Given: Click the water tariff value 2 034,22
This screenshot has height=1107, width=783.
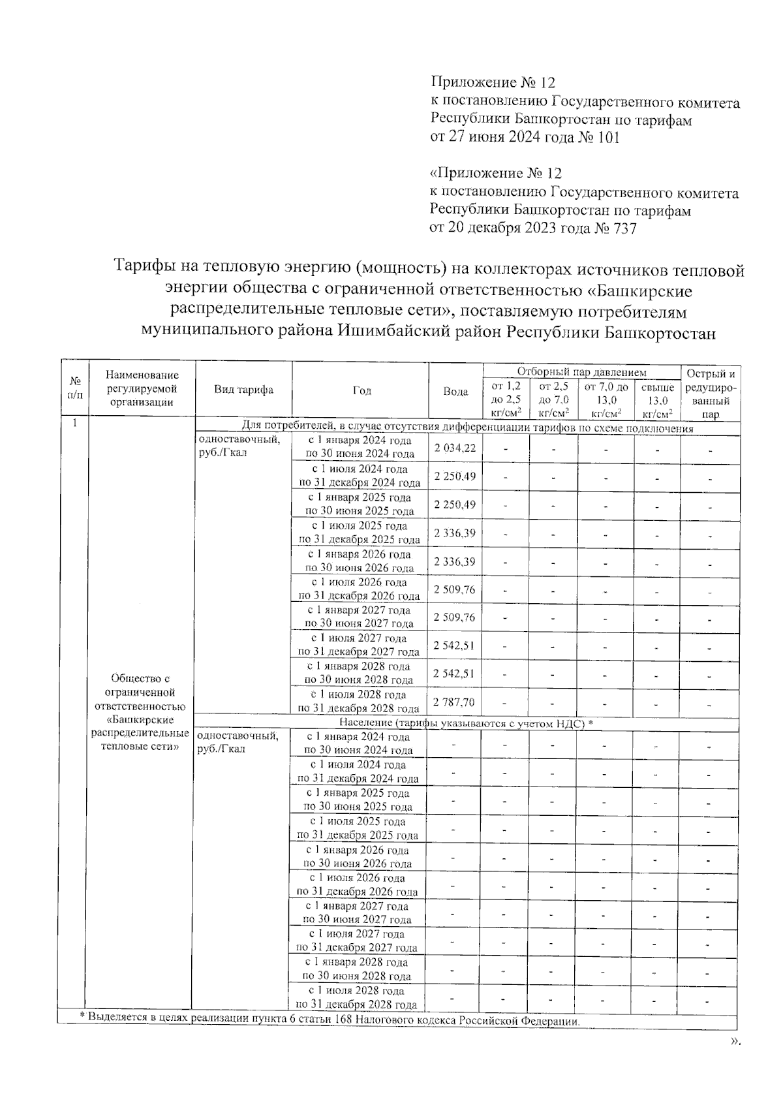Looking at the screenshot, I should [455, 448].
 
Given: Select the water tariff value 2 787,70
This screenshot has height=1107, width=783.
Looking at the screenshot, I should [454, 702].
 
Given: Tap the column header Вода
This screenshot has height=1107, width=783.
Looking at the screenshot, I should [455, 392].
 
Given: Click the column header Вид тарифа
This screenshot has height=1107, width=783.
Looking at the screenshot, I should [244, 390].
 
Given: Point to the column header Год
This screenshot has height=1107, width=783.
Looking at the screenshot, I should [361, 390].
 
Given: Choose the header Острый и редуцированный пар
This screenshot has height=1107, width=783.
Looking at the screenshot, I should [711, 394].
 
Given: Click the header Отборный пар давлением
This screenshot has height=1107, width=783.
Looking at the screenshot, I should [581, 372].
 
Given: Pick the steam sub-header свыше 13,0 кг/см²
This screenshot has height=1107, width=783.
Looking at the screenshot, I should [657, 400].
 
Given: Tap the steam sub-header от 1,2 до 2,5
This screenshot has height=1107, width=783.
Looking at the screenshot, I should [506, 399].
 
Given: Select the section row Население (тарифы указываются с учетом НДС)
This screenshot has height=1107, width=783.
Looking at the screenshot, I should [466, 723].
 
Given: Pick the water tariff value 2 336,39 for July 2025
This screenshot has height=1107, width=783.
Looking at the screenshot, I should [455, 533].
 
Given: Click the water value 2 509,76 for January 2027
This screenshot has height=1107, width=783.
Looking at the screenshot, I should [455, 617].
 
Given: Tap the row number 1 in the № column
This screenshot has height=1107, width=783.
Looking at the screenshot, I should [75, 423].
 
